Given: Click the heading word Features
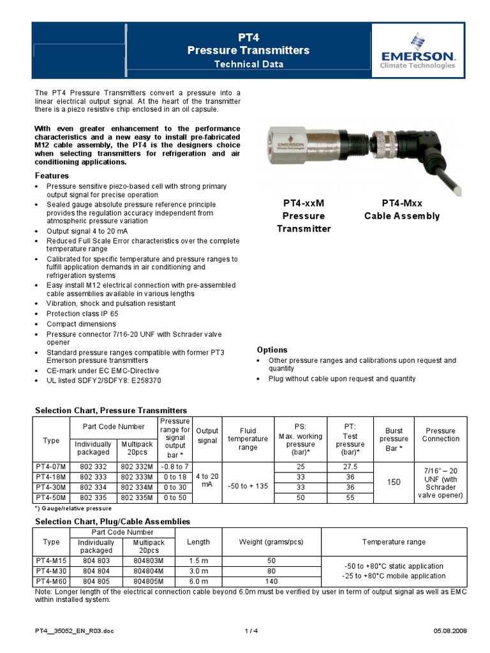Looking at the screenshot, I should coord(52,175).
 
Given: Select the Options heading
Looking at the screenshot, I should coord(272,350).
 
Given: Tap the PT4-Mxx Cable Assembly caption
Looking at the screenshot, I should coord(402,210).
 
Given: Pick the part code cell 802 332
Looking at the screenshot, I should coord(93,467).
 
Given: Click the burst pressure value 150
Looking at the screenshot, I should coord(394,482).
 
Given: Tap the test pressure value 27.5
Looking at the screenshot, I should coord(350,467).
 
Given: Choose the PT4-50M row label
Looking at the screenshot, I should coord(50,497).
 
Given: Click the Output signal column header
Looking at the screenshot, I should coord(207,436).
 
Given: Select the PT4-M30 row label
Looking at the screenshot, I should coord(50,571).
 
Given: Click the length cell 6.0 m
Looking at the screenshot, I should coord(198,582).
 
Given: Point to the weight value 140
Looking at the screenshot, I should coord(271,582).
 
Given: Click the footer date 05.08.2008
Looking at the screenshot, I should coord(450,631).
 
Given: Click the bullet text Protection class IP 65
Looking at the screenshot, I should coord(82,314).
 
